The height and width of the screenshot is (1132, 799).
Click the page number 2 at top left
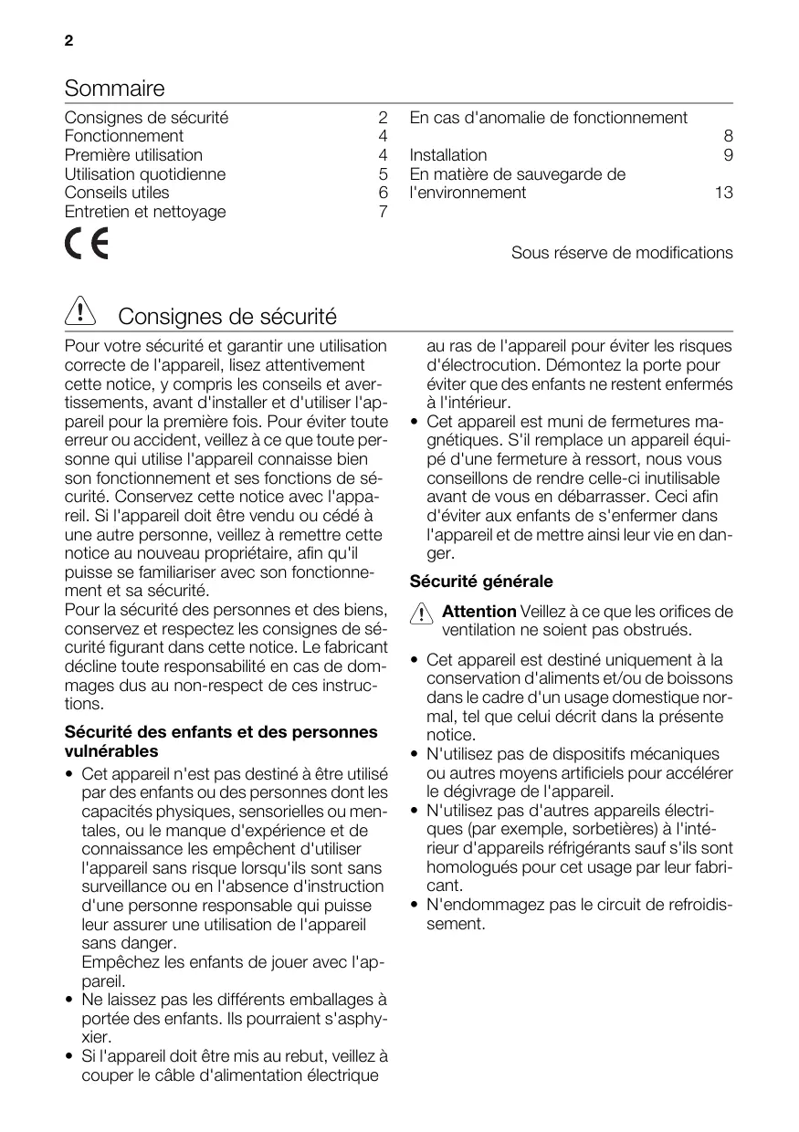click(x=68, y=42)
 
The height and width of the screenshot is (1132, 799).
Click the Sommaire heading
click(x=115, y=89)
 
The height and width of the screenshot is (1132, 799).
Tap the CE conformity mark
click(x=86, y=245)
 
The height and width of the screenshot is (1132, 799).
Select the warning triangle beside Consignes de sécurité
click(x=81, y=315)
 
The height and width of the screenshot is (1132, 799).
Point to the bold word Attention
click(x=479, y=612)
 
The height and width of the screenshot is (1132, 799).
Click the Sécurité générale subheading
click(x=481, y=582)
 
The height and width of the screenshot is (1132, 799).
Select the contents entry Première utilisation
click(x=133, y=155)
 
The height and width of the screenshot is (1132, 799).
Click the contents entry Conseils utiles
click(x=117, y=193)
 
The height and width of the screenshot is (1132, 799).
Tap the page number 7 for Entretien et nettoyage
click(x=384, y=212)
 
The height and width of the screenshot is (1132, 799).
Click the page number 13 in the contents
click(x=723, y=193)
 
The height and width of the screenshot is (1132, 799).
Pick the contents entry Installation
click(x=448, y=155)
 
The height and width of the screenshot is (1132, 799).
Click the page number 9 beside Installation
click(x=728, y=155)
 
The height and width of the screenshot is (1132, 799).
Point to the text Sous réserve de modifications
click(x=622, y=252)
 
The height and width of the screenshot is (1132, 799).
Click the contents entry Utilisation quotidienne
click(x=145, y=174)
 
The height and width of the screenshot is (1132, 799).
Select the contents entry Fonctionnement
click(x=124, y=137)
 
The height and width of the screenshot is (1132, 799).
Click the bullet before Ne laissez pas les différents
click(x=70, y=1001)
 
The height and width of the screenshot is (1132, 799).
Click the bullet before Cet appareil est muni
click(x=415, y=422)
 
